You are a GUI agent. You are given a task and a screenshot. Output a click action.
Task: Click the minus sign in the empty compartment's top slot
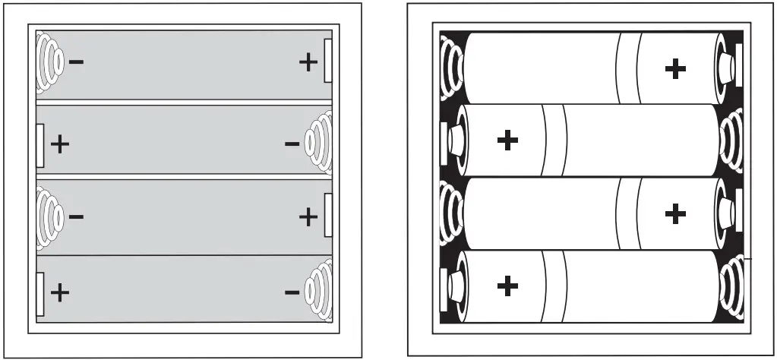tap(76, 61)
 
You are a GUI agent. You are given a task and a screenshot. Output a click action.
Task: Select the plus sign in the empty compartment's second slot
tap(59, 143)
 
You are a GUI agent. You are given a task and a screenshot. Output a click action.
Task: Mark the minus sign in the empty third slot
tap(76, 216)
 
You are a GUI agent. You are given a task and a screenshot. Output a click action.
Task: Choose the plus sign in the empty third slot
tap(308, 217)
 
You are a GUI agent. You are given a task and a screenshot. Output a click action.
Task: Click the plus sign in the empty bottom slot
tap(59, 291)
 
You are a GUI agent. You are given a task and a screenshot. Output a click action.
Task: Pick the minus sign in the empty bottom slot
tap(292, 292)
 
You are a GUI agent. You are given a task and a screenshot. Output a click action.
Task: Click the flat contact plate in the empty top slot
tap(328, 62)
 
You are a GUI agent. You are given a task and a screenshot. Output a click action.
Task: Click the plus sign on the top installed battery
tap(674, 69)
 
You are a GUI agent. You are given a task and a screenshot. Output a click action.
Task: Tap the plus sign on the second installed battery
tap(507, 140)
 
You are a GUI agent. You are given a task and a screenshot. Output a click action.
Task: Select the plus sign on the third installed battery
tap(674, 213)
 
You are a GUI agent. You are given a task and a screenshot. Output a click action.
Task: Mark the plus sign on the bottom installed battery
tap(507, 286)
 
